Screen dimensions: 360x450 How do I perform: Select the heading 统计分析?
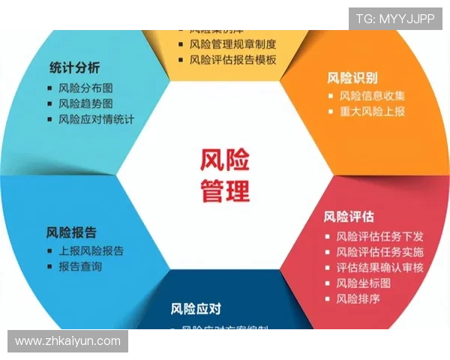pyautogui.click(x=74, y=67)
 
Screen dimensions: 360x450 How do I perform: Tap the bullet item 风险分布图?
pyautogui.click(x=85, y=88)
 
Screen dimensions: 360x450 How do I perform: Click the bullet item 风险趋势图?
pyautogui.click(x=85, y=103)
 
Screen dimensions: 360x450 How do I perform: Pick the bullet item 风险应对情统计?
pyautogui.click(x=96, y=119)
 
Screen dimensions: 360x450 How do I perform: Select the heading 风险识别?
pyautogui.click(x=352, y=77)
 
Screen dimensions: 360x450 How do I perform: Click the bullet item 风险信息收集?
pyautogui.click(x=371, y=96)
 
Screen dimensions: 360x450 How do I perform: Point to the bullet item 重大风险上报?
pyautogui.click(x=371, y=112)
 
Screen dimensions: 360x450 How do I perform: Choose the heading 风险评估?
pyautogui.click(x=349, y=217)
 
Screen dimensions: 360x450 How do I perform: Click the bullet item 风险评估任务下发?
pyautogui.click(x=379, y=236)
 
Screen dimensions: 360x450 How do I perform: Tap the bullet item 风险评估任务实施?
pyautogui.click(x=379, y=252)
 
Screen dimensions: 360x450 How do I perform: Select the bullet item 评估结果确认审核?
pyautogui.click(x=379, y=268)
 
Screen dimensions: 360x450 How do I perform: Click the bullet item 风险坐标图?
pyautogui.click(x=363, y=283)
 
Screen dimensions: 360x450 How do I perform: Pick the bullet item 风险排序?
pyautogui.click(x=358, y=298)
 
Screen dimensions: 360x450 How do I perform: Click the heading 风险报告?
pyautogui.click(x=71, y=232)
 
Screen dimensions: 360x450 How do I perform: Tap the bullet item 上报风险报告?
pyautogui.click(x=91, y=250)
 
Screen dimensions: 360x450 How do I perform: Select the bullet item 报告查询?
pyautogui.click(x=80, y=266)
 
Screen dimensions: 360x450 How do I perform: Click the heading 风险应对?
pyautogui.click(x=196, y=308)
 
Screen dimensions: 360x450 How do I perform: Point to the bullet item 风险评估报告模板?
pyautogui.click(x=232, y=60)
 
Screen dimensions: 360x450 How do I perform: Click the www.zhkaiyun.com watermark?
pyautogui.click(x=68, y=341)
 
